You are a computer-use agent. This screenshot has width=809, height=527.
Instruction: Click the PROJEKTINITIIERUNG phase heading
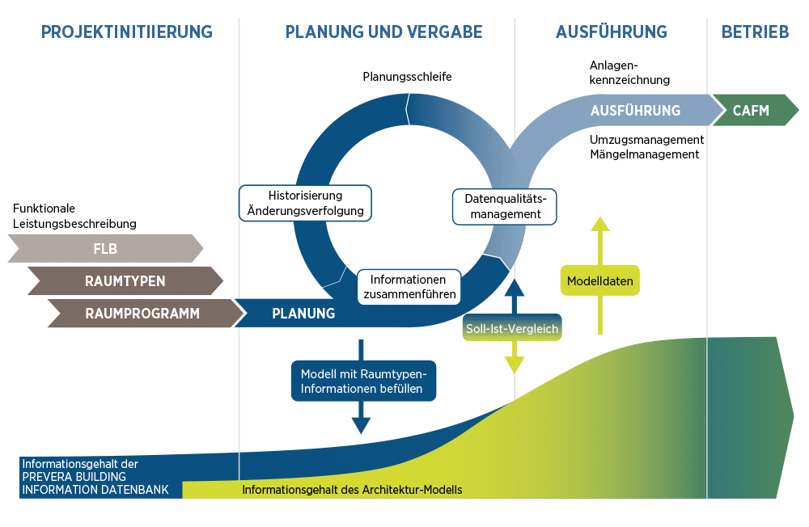(x=126, y=32)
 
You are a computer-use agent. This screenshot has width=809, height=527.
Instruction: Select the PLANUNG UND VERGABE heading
(x=383, y=32)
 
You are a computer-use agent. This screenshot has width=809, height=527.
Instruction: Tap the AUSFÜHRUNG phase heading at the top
(x=611, y=32)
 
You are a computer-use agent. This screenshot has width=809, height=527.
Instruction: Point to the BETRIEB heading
(x=755, y=32)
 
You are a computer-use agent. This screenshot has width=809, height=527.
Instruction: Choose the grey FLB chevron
(x=105, y=249)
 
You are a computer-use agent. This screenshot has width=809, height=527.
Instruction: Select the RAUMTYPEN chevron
(x=125, y=281)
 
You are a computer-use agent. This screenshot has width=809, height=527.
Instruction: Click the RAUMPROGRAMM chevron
(x=142, y=314)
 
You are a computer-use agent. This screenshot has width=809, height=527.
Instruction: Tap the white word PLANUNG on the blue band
(x=303, y=314)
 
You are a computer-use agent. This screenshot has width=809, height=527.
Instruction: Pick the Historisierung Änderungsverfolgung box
(x=305, y=203)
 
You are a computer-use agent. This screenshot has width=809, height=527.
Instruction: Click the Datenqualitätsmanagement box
(x=505, y=206)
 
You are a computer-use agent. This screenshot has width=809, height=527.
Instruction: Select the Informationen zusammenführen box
(x=409, y=287)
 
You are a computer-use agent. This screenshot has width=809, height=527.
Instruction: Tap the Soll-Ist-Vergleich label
(x=512, y=329)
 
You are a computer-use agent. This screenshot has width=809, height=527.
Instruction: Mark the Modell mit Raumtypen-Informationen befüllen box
(x=362, y=381)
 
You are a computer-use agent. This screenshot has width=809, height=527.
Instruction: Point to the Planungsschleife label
(x=407, y=77)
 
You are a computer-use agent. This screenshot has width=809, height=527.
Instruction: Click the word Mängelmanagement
(x=644, y=154)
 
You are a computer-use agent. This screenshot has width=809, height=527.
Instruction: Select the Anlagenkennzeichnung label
(x=629, y=73)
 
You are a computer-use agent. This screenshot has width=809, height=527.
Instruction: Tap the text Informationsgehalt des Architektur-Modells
(x=352, y=490)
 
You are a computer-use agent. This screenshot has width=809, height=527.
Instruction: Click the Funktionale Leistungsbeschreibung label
(x=74, y=216)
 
